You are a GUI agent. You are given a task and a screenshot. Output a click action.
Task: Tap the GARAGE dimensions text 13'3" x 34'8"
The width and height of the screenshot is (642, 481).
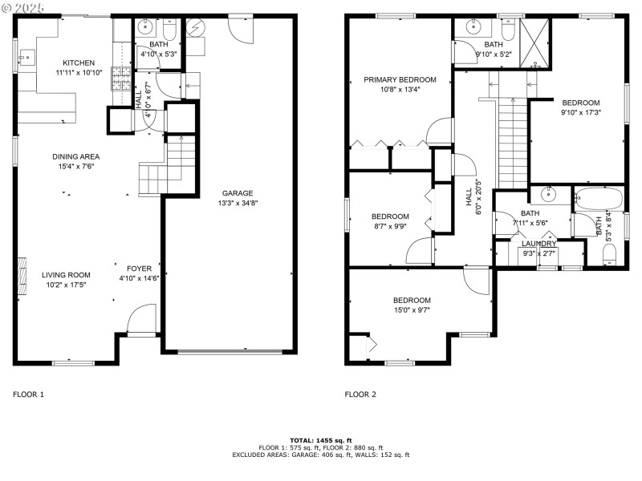(238, 203)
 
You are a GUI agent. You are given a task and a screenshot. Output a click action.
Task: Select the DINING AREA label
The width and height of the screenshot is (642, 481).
(76, 156)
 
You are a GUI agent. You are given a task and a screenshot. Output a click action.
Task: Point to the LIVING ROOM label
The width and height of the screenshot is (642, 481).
(67, 274)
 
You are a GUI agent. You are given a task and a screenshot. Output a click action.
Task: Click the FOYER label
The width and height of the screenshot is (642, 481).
(139, 268)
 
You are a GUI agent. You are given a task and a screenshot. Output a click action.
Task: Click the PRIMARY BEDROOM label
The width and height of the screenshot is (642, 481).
(400, 79)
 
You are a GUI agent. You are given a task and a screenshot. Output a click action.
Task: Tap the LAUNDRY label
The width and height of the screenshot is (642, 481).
(538, 244)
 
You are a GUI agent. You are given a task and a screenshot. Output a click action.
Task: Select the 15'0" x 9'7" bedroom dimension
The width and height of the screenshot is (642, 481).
(412, 310)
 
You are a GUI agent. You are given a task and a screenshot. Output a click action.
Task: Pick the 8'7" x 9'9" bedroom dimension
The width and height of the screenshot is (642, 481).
(390, 226)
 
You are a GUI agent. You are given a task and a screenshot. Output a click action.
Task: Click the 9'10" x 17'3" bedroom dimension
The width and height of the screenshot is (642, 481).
(580, 112)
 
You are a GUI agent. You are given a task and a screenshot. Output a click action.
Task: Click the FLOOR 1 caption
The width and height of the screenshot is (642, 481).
(28, 394)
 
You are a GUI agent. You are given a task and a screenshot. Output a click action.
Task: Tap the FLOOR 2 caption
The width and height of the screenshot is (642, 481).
(360, 394)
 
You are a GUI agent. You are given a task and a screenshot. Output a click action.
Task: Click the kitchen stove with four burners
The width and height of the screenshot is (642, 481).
(123, 78)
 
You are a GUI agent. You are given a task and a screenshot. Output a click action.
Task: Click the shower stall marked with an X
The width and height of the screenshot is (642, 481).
(534, 35)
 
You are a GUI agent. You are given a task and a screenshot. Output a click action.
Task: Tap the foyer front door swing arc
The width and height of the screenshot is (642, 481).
(142, 317)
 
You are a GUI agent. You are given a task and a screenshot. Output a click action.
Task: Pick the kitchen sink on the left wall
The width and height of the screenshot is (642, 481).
(29, 57)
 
